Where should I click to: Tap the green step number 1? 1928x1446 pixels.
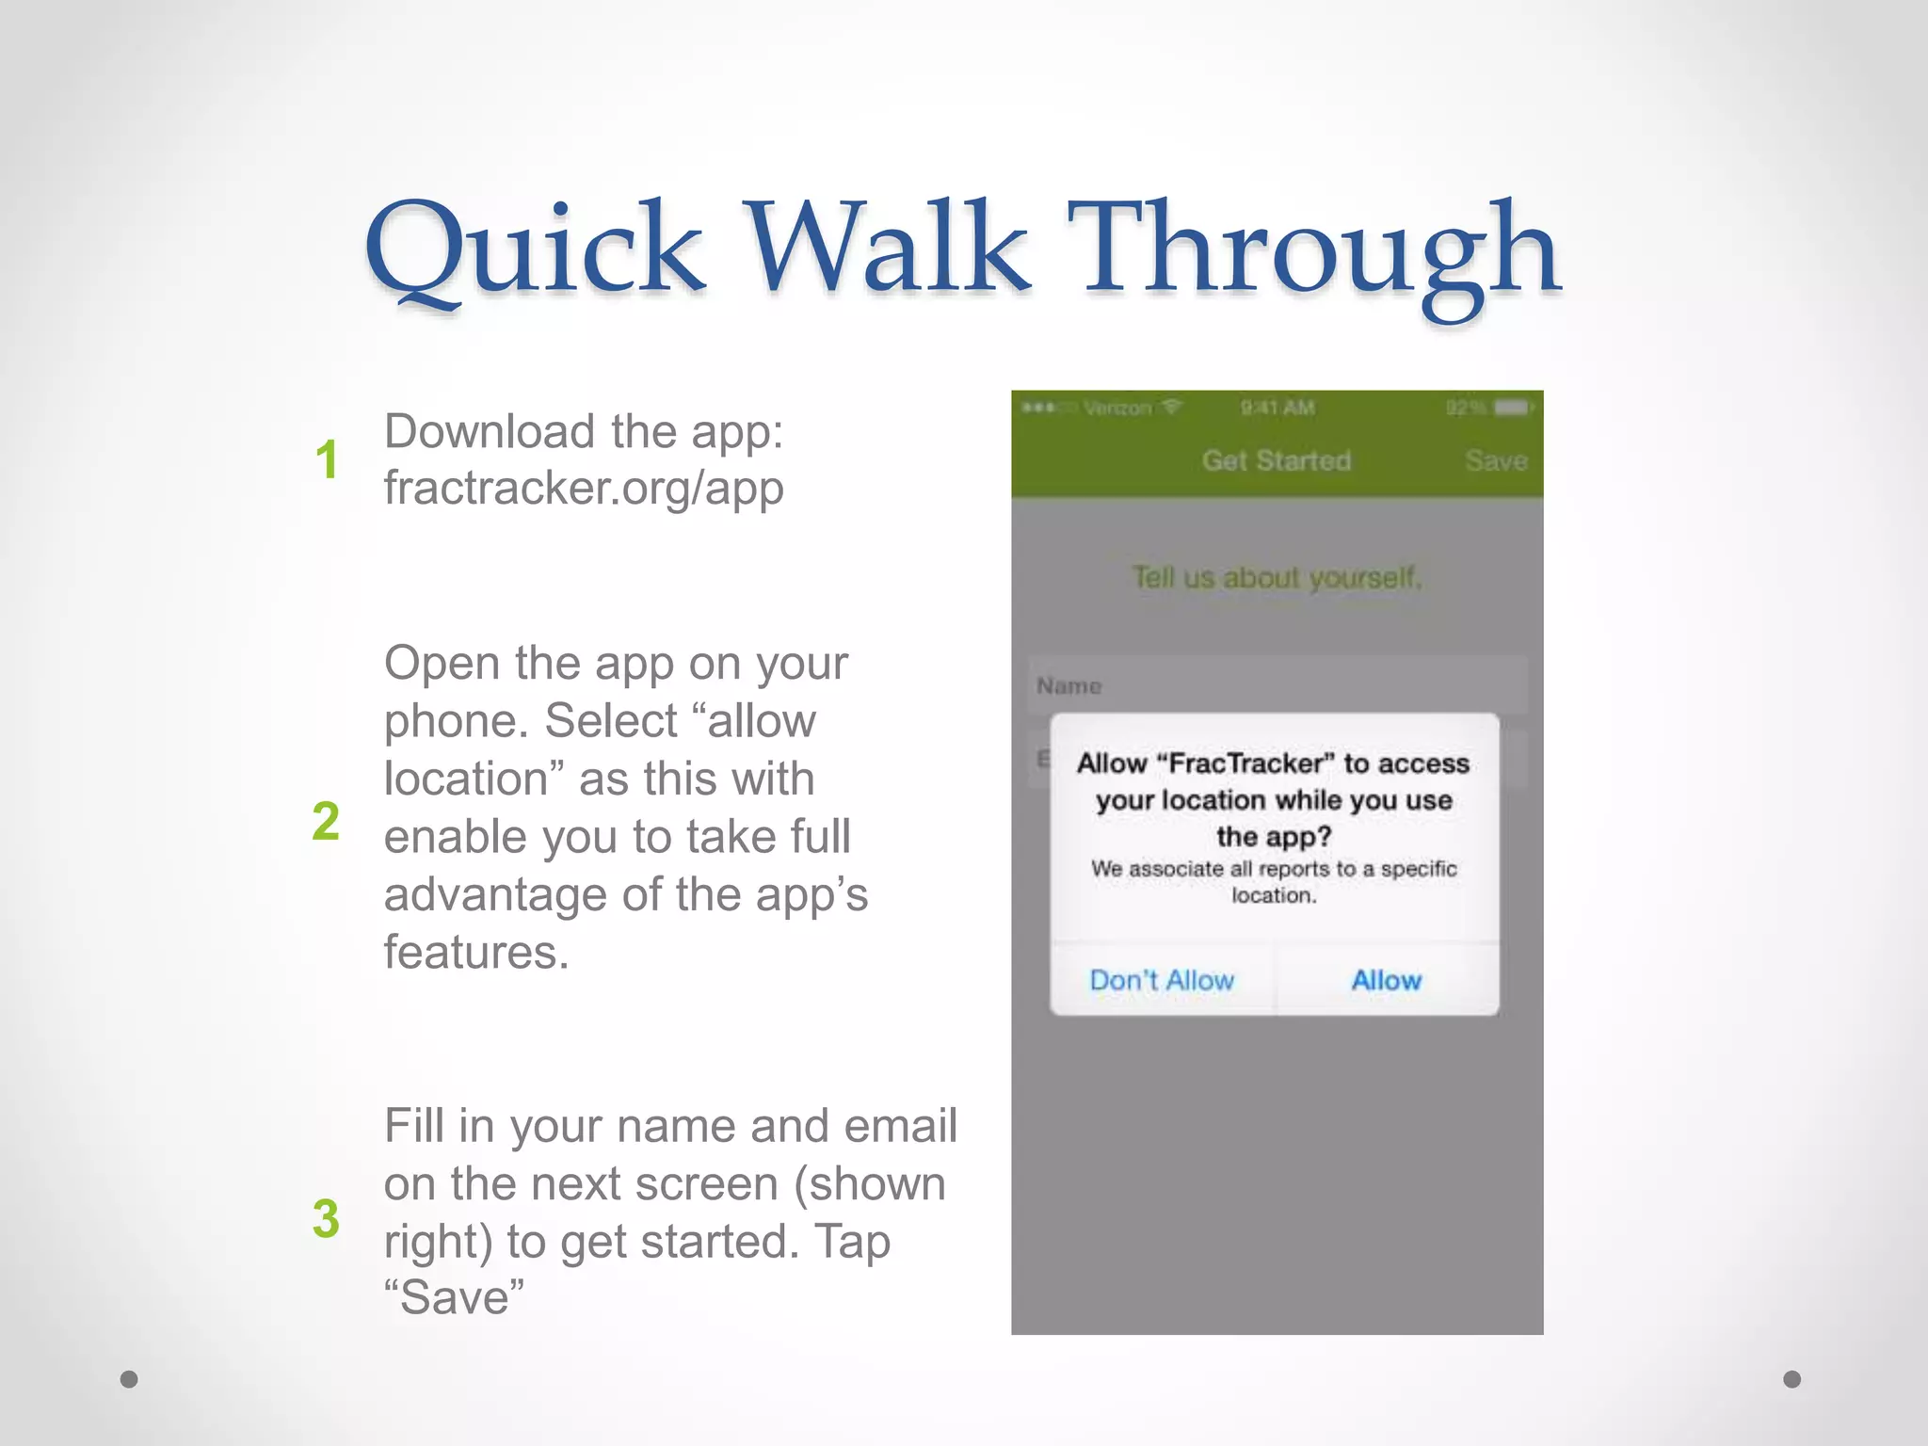click(x=327, y=460)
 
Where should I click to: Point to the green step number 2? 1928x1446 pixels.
click(x=326, y=820)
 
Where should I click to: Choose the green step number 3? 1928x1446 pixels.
click(x=326, y=1218)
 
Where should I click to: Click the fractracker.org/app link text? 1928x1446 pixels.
click(x=584, y=489)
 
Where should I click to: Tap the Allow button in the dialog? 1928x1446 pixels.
click(x=1386, y=980)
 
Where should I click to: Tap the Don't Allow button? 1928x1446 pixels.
click(x=1162, y=980)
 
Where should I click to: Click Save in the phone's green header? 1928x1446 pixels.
click(x=1495, y=460)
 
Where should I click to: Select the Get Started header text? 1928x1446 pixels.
click(x=1277, y=460)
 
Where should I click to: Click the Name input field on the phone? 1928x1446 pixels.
click(x=1277, y=685)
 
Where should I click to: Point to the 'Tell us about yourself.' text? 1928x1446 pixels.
click(x=1277, y=576)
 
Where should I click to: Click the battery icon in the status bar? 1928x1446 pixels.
click(x=1513, y=408)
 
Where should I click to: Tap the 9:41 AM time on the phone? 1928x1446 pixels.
click(x=1277, y=408)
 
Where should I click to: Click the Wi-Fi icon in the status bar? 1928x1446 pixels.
click(x=1171, y=407)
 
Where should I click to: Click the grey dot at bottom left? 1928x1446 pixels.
click(x=129, y=1379)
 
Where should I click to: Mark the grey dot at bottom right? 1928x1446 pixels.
click(x=1792, y=1379)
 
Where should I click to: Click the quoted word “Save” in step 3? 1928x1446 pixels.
click(x=454, y=1297)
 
